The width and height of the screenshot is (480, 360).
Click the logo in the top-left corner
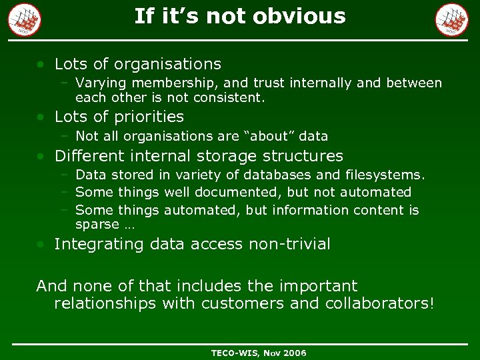(x=25, y=19)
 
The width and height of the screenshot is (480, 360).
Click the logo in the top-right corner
(x=452, y=19)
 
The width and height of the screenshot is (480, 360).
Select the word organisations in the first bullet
(x=167, y=64)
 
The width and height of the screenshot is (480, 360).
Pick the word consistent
(x=230, y=97)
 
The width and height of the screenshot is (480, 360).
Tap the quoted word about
(x=269, y=136)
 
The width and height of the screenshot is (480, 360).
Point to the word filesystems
(x=385, y=175)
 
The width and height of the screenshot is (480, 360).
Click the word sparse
(x=97, y=225)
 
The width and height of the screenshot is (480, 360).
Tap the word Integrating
(x=100, y=244)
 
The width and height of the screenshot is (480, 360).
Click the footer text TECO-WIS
(x=235, y=352)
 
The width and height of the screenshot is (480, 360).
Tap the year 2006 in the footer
(x=294, y=352)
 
